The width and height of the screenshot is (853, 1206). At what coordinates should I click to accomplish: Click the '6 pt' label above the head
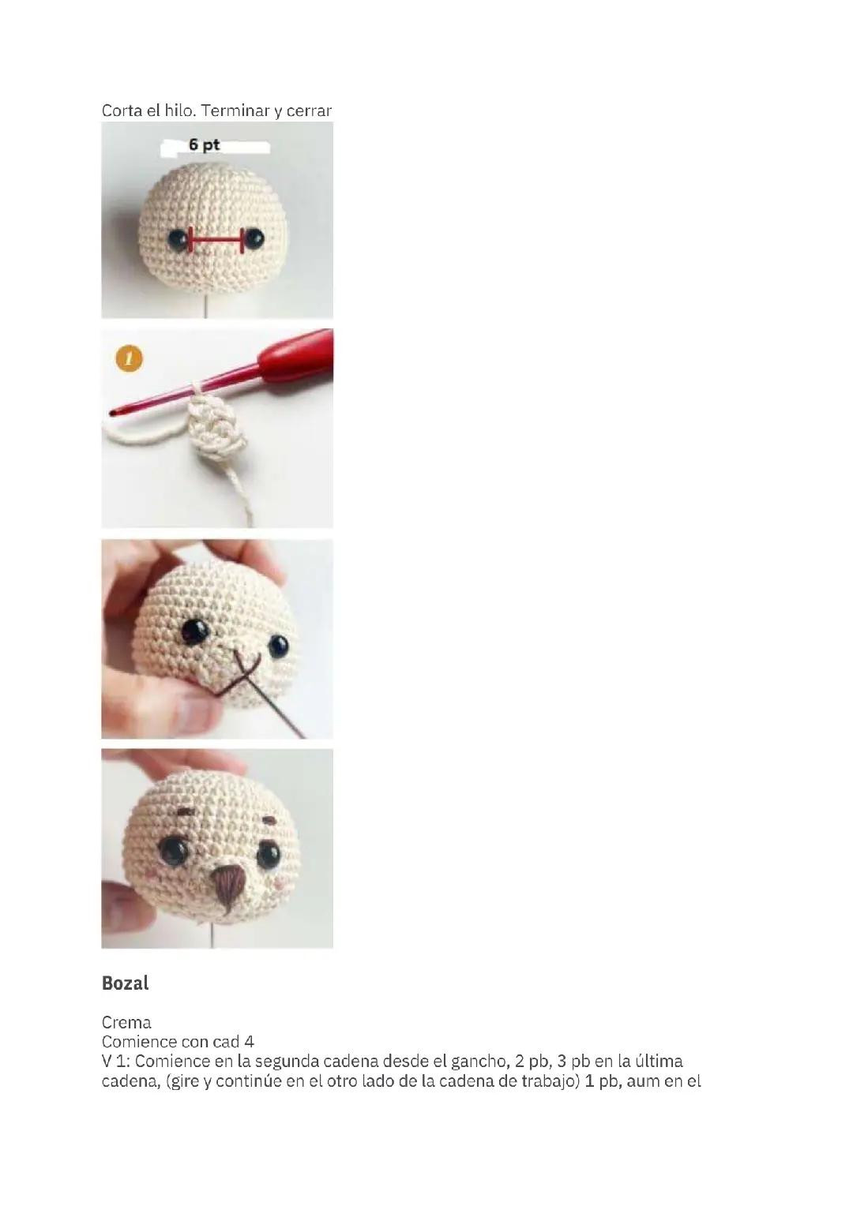pos(205,144)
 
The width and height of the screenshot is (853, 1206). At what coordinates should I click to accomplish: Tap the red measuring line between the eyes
pos(216,240)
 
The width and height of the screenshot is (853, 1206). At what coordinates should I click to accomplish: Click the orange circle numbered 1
pos(130,359)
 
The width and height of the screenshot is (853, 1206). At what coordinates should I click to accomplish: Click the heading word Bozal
pos(125,983)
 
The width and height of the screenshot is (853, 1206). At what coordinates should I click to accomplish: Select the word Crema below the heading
pos(126,1022)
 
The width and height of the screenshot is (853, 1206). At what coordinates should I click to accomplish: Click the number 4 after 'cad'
pos(249,1042)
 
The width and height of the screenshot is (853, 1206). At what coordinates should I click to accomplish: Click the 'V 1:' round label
pos(115,1062)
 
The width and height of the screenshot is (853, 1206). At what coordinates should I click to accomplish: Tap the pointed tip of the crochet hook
pos(112,414)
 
